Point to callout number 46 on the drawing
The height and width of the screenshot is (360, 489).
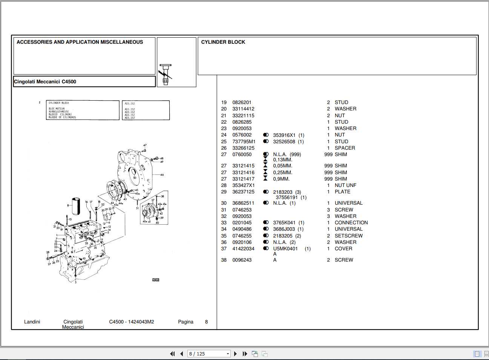click(162, 175)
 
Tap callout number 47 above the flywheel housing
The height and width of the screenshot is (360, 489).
click(145, 145)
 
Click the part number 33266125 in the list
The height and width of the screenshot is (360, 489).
click(243, 148)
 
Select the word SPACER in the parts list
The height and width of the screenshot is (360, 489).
click(345, 148)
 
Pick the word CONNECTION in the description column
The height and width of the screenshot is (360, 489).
click(351, 223)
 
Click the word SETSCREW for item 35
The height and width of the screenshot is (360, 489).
click(348, 236)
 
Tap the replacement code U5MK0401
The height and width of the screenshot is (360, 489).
click(285, 249)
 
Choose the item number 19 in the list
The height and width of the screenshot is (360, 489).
click(224, 103)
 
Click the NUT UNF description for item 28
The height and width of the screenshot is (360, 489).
click(345, 185)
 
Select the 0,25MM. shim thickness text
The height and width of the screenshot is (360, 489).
click(283, 173)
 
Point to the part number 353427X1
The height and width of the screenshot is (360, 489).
click(244, 185)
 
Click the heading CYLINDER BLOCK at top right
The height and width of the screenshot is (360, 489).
click(223, 42)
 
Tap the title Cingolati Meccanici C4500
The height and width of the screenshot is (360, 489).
click(45, 82)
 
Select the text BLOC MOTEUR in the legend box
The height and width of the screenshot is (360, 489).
click(57, 109)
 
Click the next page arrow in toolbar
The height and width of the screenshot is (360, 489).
click(236, 354)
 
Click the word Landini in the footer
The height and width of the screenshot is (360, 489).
click(32, 322)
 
